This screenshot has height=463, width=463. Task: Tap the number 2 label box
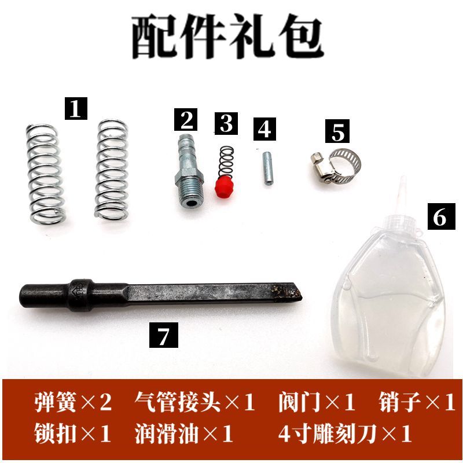click(187, 120)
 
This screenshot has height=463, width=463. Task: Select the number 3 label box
click(226, 123)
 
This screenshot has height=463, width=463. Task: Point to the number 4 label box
click(264, 128)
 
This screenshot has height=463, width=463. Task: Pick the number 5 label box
click(338, 131)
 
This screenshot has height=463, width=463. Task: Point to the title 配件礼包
click(227, 35)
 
